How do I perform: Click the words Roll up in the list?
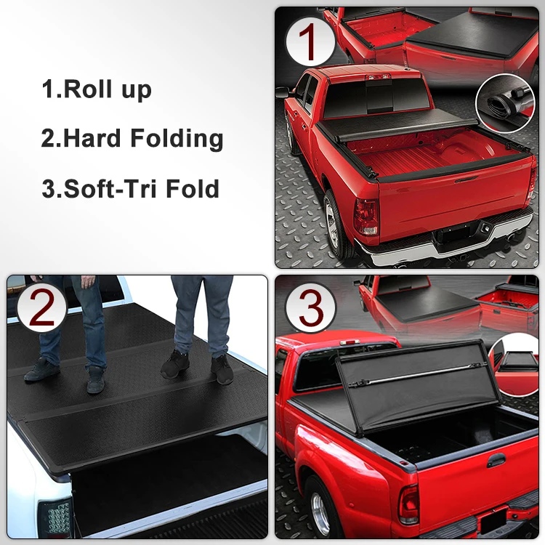108,89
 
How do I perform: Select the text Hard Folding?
143,138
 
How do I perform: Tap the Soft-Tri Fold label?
142,189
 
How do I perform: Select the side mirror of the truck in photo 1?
282,92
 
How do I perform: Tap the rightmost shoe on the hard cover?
222,370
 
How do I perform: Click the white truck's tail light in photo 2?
56,518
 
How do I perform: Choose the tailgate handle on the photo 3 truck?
496,460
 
